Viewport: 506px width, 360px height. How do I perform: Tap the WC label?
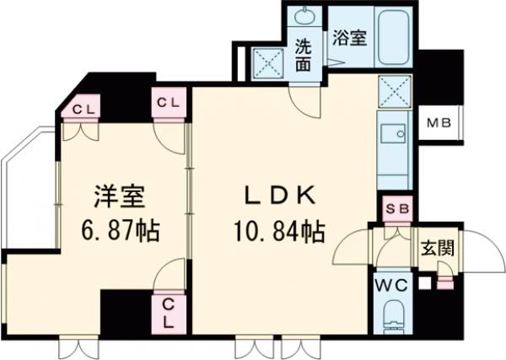click(392, 285)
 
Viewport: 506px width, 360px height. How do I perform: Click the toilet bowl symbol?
click(394, 318)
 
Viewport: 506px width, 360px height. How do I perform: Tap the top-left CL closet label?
click(83, 107)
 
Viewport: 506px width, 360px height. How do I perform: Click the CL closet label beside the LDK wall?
click(169, 103)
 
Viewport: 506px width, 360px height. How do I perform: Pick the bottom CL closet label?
click(169, 312)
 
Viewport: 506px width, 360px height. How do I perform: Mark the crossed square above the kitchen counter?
click(395, 91)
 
